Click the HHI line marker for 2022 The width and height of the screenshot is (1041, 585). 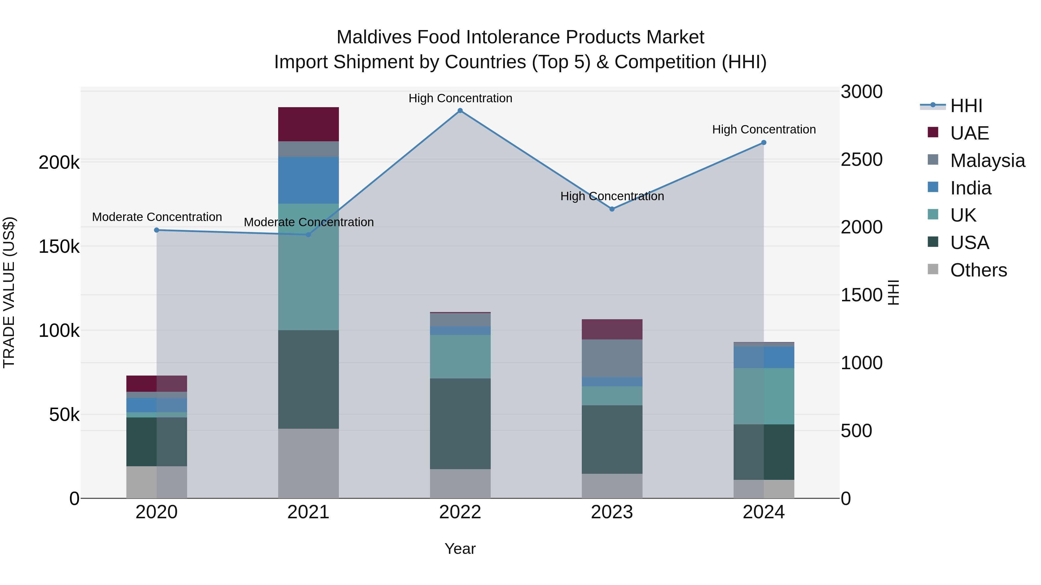tap(460, 111)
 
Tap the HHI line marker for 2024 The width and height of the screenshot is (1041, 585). tap(763, 142)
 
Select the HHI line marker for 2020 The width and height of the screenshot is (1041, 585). tap(157, 230)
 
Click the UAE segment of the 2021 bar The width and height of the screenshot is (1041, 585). tap(308, 124)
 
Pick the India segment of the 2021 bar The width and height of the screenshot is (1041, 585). tap(308, 180)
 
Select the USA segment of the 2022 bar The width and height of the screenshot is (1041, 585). tap(460, 424)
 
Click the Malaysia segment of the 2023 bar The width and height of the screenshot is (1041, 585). tap(612, 358)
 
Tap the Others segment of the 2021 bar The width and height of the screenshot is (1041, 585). tap(308, 463)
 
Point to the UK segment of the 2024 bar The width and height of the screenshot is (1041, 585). tap(763, 396)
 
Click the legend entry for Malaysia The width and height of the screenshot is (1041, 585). tap(987, 161)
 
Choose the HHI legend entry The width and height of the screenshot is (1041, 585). tap(966, 106)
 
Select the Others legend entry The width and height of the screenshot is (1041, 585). tap(978, 270)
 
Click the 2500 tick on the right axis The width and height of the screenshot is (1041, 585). tap(861, 159)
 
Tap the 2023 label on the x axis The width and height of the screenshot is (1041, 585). tap(612, 512)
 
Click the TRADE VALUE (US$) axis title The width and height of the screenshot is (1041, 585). tap(9, 292)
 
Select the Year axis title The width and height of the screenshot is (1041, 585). tap(460, 549)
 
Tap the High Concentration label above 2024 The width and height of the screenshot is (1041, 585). tap(764, 130)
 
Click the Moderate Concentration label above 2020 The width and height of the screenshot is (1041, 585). tap(157, 217)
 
